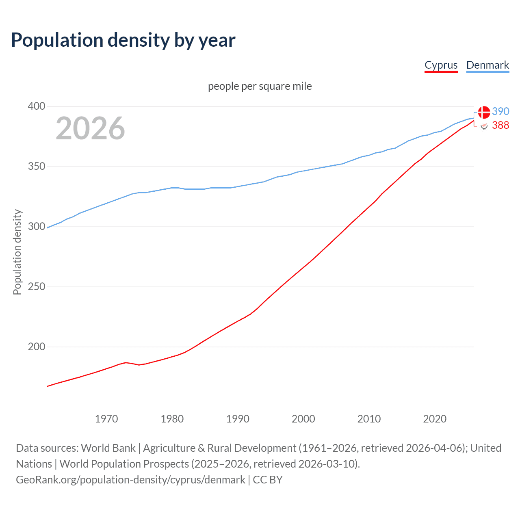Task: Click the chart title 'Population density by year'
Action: pos(123,40)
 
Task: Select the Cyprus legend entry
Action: pos(441,65)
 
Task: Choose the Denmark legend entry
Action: pos(487,65)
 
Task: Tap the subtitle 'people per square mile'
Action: pos(260,86)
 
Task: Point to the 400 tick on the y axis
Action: pos(36,106)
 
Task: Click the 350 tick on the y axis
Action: pos(36,167)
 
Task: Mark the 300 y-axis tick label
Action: pos(36,227)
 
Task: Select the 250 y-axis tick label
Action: pos(36,287)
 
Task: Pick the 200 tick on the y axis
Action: pos(36,347)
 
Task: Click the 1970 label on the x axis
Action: pos(106,419)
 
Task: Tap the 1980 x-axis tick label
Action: pos(172,419)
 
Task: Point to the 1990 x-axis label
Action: pos(238,419)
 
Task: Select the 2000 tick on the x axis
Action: pos(303,419)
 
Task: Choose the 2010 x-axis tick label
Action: pos(369,419)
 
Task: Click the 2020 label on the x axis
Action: pos(435,419)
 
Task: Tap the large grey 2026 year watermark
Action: pos(90,128)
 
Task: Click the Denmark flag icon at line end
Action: pos(484,112)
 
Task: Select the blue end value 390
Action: pos(500,111)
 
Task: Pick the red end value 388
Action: pos(500,126)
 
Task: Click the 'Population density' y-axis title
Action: pos(17,252)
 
